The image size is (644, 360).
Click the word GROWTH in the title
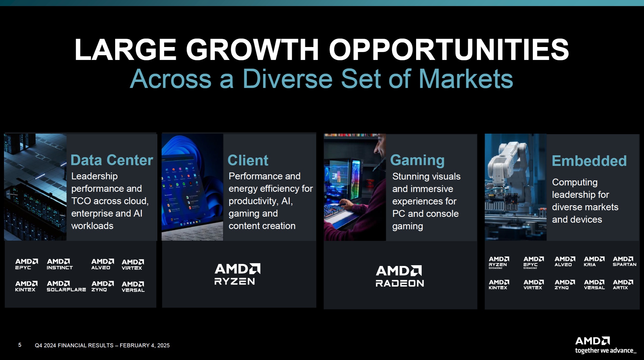pyautogui.click(x=253, y=49)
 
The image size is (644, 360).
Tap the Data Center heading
pyautogui.click(x=112, y=160)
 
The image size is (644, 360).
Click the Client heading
pyautogui.click(x=248, y=160)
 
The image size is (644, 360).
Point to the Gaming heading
pyautogui.click(x=417, y=160)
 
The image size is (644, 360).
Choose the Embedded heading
pyautogui.click(x=589, y=161)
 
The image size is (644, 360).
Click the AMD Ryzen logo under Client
pyautogui.click(x=238, y=274)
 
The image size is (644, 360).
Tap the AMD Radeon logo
pyautogui.click(x=400, y=276)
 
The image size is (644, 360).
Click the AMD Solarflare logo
pyautogui.click(x=66, y=286)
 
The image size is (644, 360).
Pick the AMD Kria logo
pyautogui.click(x=594, y=261)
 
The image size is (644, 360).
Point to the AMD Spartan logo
pyautogui.click(x=624, y=261)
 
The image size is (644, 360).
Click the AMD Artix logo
pyautogui.click(x=623, y=285)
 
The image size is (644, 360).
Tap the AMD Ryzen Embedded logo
pyautogui.click(x=499, y=263)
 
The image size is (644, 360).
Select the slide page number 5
pyautogui.click(x=20, y=345)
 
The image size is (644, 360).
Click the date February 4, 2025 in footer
pyautogui.click(x=145, y=345)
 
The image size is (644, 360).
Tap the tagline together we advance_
pyautogui.click(x=606, y=350)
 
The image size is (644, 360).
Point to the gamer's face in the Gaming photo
pyautogui.click(x=380, y=147)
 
